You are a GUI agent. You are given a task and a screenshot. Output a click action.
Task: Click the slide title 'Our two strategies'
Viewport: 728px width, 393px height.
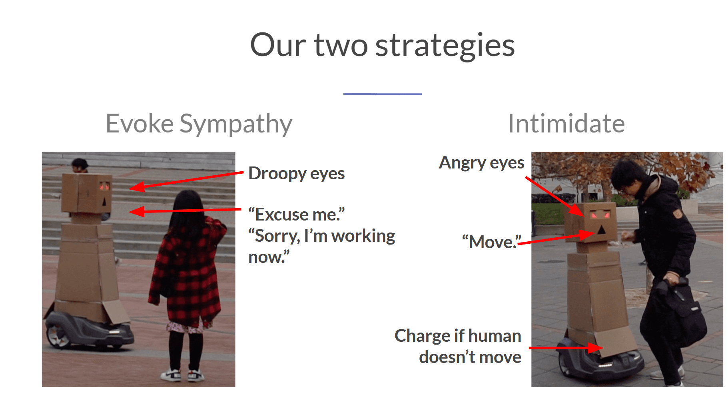pyautogui.click(x=382, y=45)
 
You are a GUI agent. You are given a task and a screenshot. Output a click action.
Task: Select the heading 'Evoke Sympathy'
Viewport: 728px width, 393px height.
pyautogui.click(x=199, y=124)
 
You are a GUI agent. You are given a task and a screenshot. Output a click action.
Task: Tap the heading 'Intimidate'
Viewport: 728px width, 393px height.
pyautogui.click(x=566, y=124)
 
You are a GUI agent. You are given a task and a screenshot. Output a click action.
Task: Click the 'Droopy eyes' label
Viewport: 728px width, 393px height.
pyautogui.click(x=296, y=174)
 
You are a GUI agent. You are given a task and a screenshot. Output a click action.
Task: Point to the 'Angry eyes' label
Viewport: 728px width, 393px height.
pyautogui.click(x=481, y=163)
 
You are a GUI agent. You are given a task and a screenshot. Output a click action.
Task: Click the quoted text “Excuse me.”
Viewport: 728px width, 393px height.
pyautogui.click(x=296, y=215)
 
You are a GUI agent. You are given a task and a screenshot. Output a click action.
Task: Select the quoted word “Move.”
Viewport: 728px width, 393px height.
pyautogui.click(x=491, y=242)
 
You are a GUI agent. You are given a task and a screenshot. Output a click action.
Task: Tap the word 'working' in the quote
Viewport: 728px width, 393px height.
pyautogui.click(x=363, y=236)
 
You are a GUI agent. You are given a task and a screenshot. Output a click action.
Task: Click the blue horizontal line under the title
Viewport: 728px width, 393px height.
pyautogui.click(x=382, y=94)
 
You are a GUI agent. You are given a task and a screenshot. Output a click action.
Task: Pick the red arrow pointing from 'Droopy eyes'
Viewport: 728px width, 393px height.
pyautogui.click(x=186, y=180)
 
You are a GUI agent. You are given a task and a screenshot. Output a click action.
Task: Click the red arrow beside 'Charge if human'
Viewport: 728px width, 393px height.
pyautogui.click(x=566, y=348)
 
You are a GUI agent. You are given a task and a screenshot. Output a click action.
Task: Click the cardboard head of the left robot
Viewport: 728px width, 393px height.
pyautogui.click(x=86, y=194)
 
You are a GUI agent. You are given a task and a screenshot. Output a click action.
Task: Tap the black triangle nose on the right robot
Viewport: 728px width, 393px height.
pyautogui.click(x=601, y=229)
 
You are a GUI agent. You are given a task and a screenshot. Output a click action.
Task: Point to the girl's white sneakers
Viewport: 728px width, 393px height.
pyautogui.click(x=183, y=375)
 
